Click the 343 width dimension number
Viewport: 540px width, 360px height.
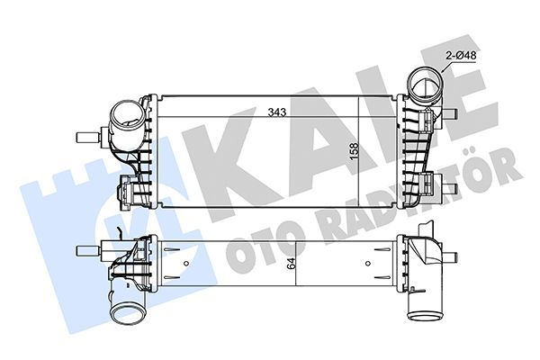pyautogui.click(x=277, y=112)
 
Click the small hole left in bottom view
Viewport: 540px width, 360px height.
pyautogui.click(x=186, y=264)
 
